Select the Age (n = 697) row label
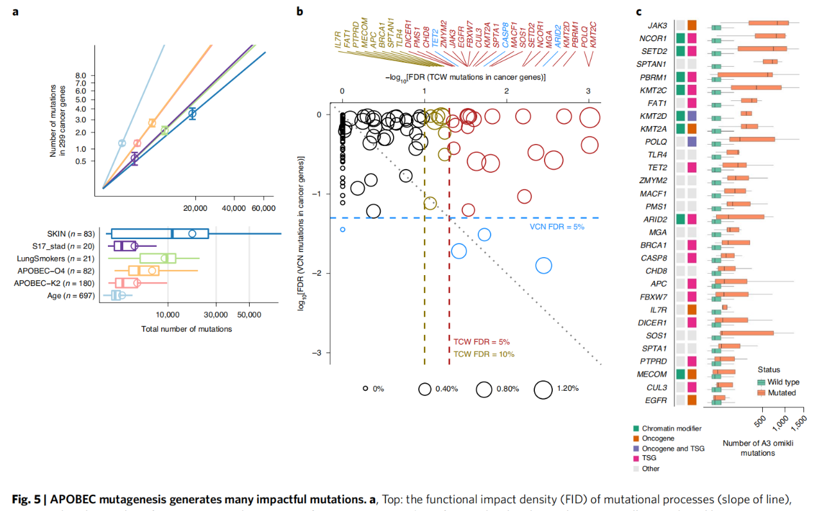click(x=72, y=296)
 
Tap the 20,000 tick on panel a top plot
click(x=195, y=208)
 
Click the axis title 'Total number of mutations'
click(x=186, y=329)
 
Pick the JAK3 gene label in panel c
click(x=657, y=26)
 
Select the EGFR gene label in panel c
click(x=656, y=400)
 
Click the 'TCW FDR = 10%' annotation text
click(x=484, y=354)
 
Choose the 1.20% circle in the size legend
click(x=543, y=389)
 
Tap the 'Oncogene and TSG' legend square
click(x=636, y=449)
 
